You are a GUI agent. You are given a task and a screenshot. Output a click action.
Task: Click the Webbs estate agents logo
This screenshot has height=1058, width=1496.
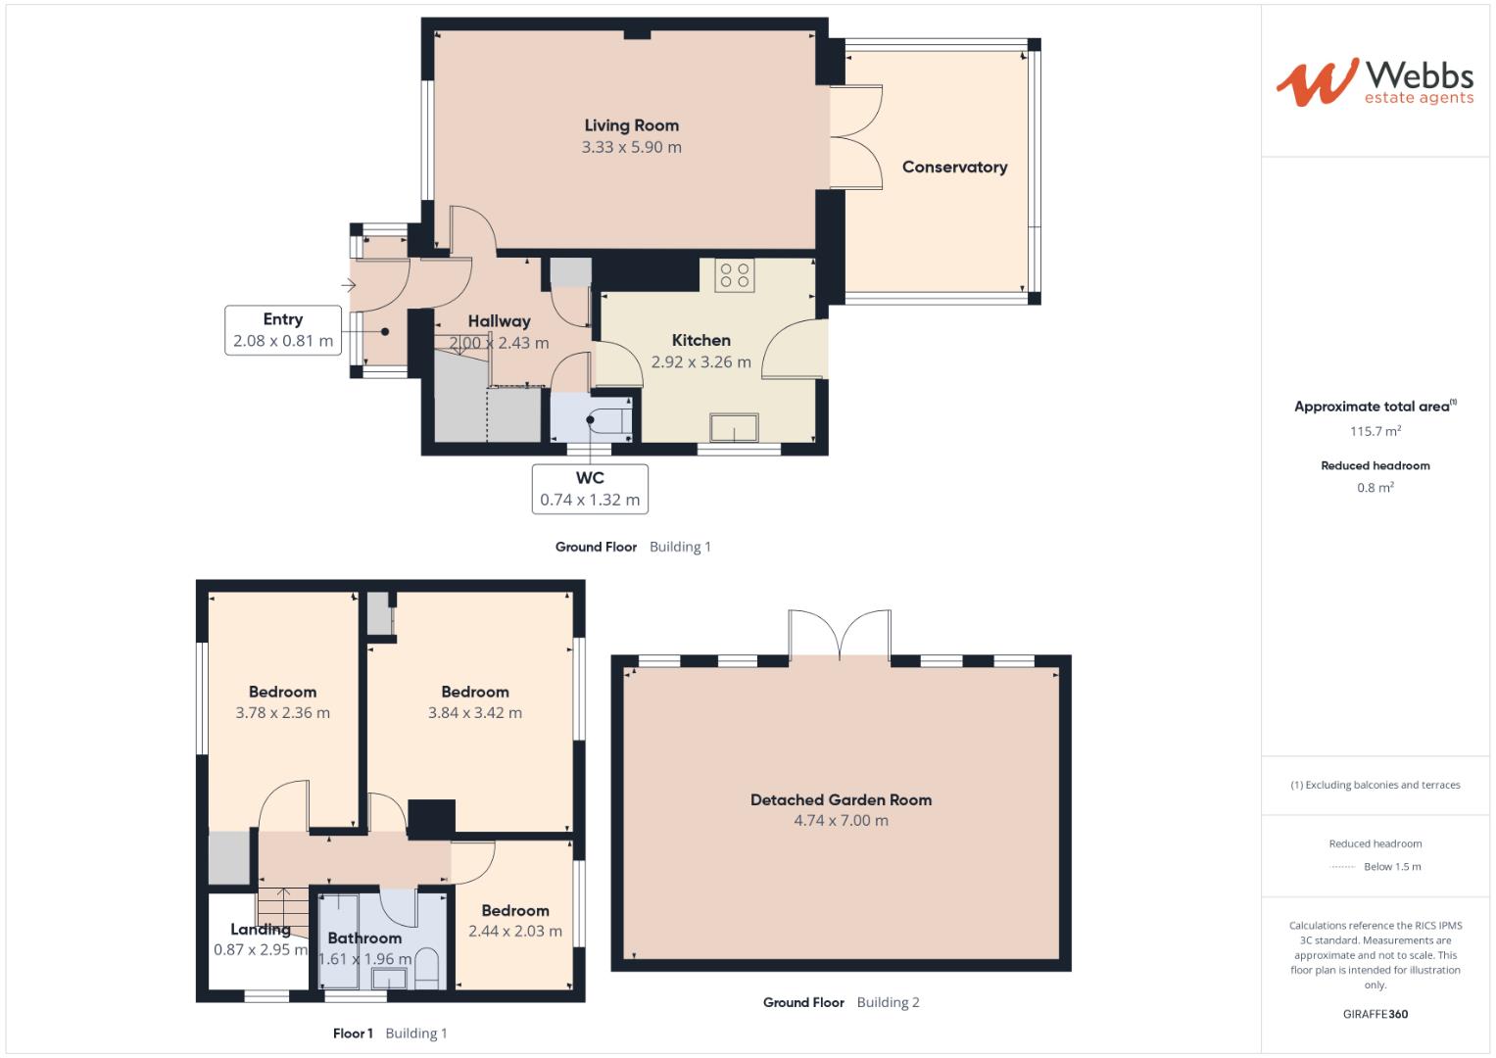pyautogui.click(x=1374, y=82)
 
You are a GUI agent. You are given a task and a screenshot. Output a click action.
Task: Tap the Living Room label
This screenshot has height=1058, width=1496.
pyautogui.click(x=631, y=125)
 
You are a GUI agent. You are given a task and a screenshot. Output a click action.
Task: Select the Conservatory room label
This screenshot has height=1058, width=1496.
pyautogui.click(x=954, y=168)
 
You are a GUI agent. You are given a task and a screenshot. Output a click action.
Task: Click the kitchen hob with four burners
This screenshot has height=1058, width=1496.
pyautogui.click(x=735, y=274)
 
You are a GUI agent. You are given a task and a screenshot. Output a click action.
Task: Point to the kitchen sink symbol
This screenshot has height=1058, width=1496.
pyautogui.click(x=734, y=428)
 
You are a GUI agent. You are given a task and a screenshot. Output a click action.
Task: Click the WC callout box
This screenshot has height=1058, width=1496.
pyautogui.click(x=590, y=488)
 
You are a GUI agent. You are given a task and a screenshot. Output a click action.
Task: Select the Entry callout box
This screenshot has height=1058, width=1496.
pyautogui.click(x=283, y=330)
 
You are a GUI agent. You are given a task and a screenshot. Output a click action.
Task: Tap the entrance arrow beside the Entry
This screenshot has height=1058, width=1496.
pyautogui.click(x=348, y=286)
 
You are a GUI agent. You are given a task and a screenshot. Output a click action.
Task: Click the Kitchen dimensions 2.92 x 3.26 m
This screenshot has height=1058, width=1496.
pyautogui.click(x=700, y=362)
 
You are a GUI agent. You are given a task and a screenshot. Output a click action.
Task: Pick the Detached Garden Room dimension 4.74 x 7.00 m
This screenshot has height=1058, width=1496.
pyautogui.click(x=841, y=821)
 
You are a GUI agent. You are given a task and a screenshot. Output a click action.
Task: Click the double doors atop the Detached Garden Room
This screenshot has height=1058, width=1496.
pyautogui.click(x=840, y=634)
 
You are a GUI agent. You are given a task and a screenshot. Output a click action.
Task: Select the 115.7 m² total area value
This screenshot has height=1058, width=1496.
pyautogui.click(x=1375, y=431)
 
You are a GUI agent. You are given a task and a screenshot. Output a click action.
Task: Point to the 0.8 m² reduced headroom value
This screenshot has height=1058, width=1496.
pyautogui.click(x=1375, y=488)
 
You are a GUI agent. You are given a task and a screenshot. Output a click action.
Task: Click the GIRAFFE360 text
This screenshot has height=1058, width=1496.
pyautogui.click(x=1375, y=1014)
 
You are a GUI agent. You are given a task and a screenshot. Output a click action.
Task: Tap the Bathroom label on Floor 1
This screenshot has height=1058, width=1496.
pyautogui.click(x=363, y=938)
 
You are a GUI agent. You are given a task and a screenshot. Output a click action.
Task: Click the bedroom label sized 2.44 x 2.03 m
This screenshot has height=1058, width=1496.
pyautogui.click(x=515, y=911)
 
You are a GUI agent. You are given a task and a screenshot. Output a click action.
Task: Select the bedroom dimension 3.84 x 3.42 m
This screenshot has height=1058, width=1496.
pyautogui.click(x=475, y=713)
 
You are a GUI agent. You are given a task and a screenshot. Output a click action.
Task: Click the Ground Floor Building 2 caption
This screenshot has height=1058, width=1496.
pyautogui.click(x=841, y=1002)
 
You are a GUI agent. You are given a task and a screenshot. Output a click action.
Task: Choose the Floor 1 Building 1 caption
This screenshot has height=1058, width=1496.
pyautogui.click(x=390, y=1034)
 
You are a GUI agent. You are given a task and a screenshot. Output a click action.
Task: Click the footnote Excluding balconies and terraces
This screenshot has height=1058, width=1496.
pyautogui.click(x=1375, y=785)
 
